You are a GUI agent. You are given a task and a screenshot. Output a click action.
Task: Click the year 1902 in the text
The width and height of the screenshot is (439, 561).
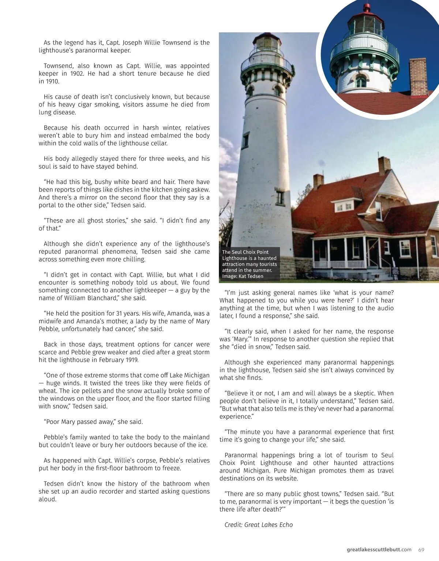click(77, 73)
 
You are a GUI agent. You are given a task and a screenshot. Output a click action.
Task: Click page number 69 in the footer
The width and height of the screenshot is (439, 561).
click(421, 550)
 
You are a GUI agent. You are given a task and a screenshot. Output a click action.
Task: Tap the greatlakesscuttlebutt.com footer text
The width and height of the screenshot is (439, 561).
click(379, 550)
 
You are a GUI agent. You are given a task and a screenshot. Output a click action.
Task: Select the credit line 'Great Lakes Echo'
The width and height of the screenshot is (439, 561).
click(269, 525)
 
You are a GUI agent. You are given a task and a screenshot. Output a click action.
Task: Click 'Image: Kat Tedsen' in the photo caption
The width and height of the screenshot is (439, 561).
click(243, 276)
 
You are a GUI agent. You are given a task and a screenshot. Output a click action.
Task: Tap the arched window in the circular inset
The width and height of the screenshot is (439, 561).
click(361, 81)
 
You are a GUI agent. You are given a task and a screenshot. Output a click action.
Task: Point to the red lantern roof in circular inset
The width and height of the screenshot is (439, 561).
click(367, 11)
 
